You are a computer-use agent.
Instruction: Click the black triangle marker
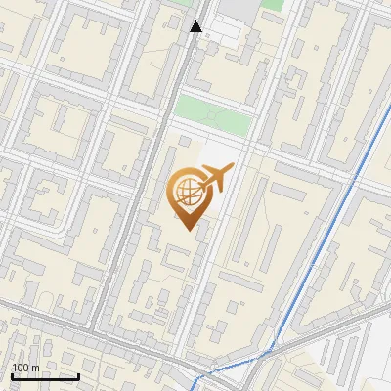click(196, 26)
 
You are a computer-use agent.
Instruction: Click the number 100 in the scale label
click(21, 368)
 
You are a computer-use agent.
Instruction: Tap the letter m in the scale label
click(35, 368)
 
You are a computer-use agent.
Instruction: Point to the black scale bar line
click(45, 376)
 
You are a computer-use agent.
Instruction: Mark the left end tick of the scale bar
click(12, 374)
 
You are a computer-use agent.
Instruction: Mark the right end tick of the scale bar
click(78, 374)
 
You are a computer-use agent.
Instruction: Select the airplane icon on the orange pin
click(216, 179)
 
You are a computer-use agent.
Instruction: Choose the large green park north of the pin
click(213, 114)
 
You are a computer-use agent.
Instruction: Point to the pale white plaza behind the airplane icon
click(210, 156)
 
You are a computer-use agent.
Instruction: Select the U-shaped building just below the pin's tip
click(179, 257)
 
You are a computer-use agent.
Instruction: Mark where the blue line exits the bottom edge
click(196, 388)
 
